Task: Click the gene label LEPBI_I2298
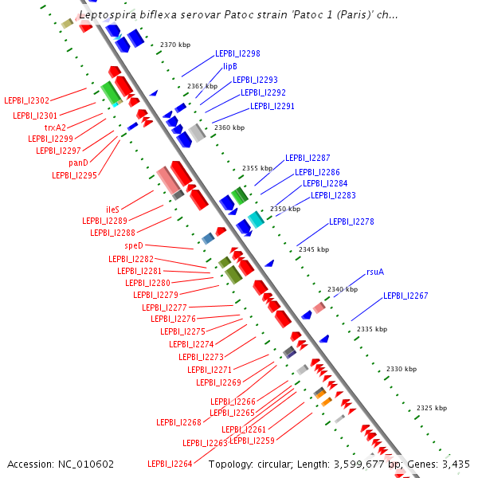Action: tap(237, 53)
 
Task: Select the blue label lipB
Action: tap(230, 66)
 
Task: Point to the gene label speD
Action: tap(134, 246)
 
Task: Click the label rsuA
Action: tap(375, 272)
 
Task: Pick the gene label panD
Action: tap(78, 163)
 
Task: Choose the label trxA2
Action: tap(56, 127)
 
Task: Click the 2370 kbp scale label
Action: tap(175, 45)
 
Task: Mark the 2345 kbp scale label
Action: tap(314, 249)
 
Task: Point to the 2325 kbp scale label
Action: tap(432, 408)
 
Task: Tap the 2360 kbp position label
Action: tap(229, 127)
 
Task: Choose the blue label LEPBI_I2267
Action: tap(406, 296)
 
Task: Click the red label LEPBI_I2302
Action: tap(26, 100)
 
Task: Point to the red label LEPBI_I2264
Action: tap(170, 464)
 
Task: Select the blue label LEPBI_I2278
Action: tap(351, 221)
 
